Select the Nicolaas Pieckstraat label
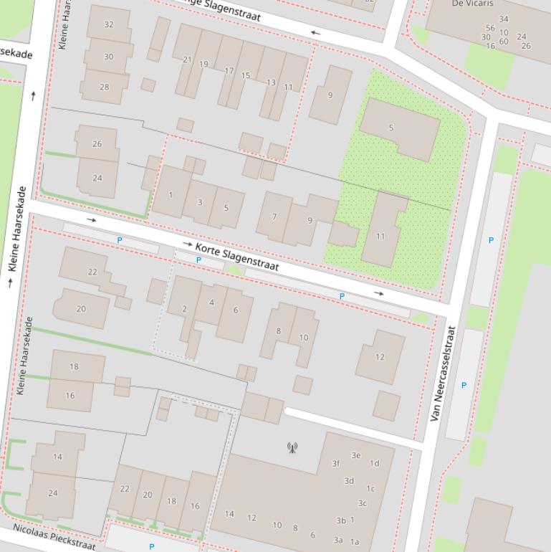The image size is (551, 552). tap(54, 537)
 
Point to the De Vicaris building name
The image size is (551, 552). tap(472, 4)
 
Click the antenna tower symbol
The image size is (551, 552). tap(292, 448)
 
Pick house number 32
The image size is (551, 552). tap(108, 24)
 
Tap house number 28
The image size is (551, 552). tap(105, 87)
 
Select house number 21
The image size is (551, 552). tap(188, 60)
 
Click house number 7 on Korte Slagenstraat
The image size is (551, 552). tap(274, 216)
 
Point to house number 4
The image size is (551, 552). tap(211, 303)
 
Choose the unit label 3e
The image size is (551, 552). tap(356, 455)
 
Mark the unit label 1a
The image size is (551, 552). tap(355, 542)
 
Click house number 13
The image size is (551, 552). tap(271, 83)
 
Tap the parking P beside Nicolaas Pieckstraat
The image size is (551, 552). tap(151, 547)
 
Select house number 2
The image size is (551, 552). tap(184, 309)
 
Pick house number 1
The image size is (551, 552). tap(171, 195)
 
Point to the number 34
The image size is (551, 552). tap(504, 19)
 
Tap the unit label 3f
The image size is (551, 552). tap(335, 464)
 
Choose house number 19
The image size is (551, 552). tap(203, 65)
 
